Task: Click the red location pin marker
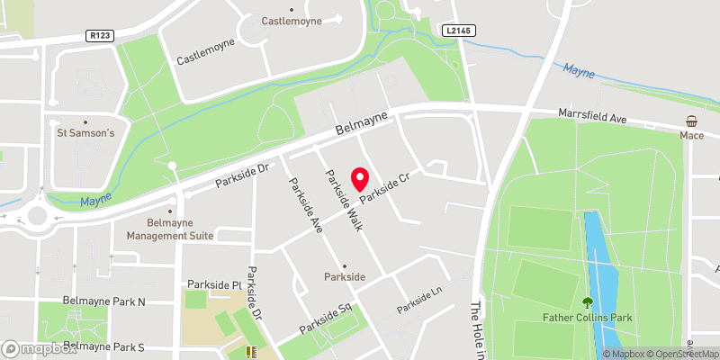361,178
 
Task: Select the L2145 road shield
457,31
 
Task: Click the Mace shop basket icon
691,121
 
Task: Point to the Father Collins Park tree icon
588,303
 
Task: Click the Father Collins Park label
589,318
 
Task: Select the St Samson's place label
86,134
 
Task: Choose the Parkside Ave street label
304,203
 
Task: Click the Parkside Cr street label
385,187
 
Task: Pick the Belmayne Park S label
104,346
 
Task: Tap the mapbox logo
39,348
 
